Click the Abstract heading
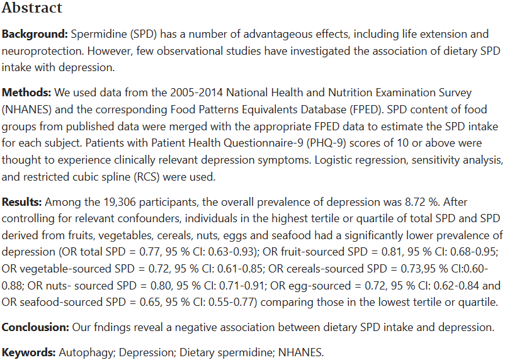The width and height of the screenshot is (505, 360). pyautogui.click(x=31, y=8)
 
